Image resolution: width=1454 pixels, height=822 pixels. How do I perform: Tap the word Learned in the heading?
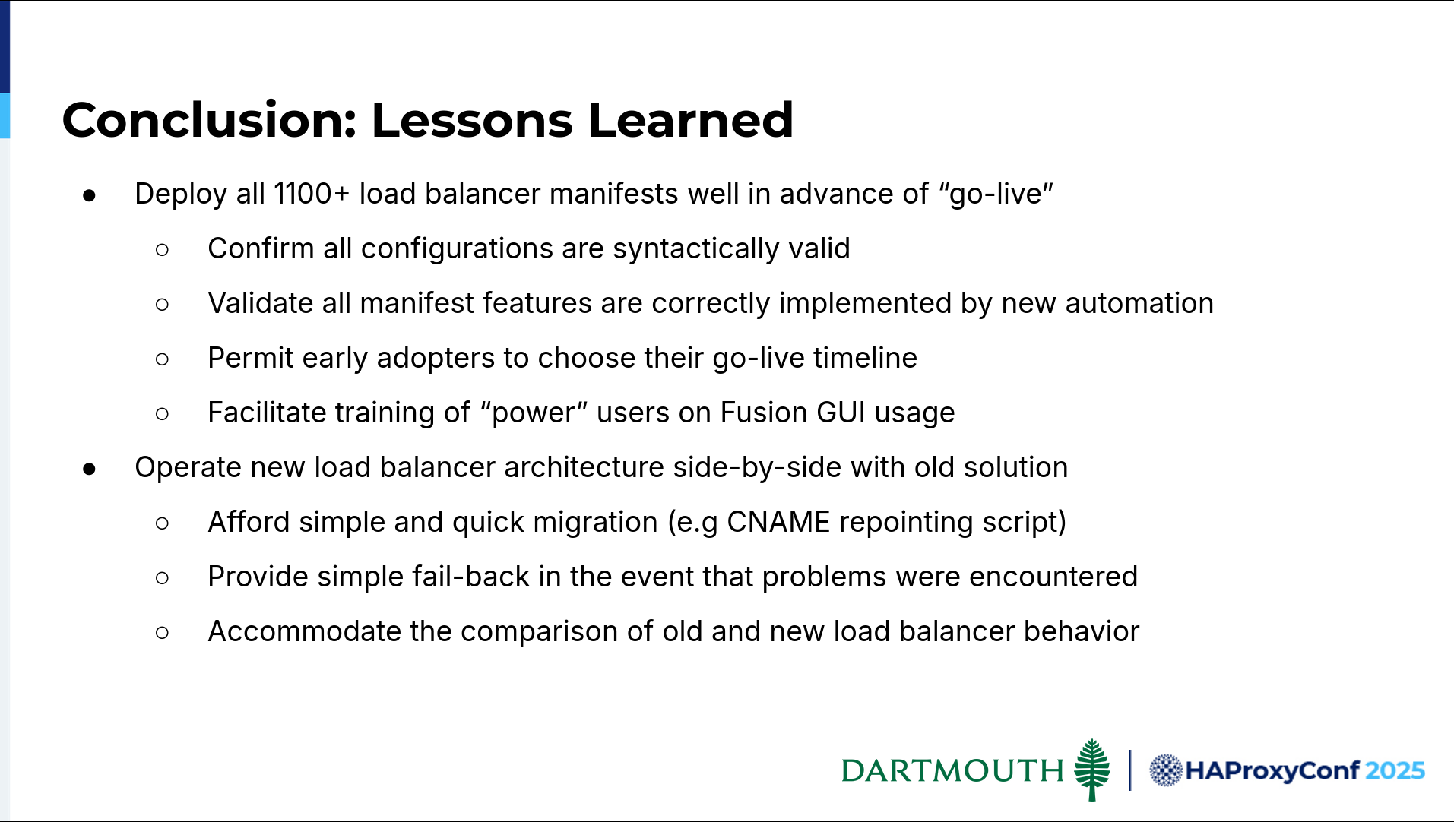(x=690, y=120)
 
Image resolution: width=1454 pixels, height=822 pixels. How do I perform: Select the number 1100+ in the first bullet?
(x=312, y=194)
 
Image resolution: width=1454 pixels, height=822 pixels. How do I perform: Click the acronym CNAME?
(x=778, y=522)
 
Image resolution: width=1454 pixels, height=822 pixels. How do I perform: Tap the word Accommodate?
(x=304, y=631)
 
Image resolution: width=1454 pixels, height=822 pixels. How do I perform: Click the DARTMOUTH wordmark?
(x=952, y=770)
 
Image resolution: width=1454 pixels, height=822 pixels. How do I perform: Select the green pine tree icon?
(x=1092, y=770)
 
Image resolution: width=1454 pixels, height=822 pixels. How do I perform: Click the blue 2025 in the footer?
(x=1395, y=770)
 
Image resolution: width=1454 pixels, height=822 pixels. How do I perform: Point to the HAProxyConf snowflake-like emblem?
(x=1165, y=770)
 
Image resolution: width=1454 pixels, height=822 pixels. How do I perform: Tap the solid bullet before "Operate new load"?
(x=90, y=469)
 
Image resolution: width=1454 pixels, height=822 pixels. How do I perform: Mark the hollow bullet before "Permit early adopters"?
(x=162, y=359)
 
